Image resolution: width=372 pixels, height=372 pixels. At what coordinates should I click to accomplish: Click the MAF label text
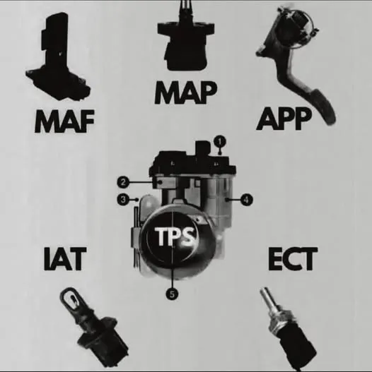point(64,121)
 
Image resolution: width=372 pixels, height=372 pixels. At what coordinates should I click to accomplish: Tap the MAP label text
point(185,92)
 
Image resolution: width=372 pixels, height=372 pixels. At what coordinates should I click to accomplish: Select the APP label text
point(284,119)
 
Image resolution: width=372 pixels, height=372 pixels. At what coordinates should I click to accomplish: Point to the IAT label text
point(65,259)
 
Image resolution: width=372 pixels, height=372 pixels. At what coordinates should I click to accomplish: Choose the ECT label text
point(293,259)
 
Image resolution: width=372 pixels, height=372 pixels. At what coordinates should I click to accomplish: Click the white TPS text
point(174,236)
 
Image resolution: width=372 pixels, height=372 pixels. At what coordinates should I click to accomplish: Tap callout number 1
point(220,141)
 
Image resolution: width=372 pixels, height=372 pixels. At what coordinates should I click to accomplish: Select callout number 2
point(123,182)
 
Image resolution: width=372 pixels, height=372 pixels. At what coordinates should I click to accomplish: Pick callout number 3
point(123,199)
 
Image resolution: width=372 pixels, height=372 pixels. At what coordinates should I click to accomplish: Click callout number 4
point(247,200)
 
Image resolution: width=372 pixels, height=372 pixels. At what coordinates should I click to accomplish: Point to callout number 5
point(172,294)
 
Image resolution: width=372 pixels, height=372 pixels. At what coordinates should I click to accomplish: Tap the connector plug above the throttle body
point(202,148)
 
